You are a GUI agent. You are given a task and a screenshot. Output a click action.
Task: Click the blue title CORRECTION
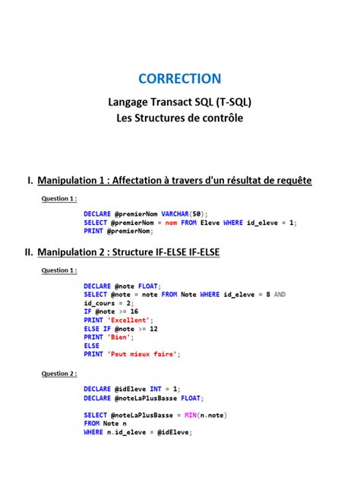[x=180, y=78]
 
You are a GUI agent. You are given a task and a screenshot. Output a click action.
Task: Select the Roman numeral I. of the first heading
[x=30, y=180]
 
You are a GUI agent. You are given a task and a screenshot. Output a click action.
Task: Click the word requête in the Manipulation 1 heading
[x=289, y=180]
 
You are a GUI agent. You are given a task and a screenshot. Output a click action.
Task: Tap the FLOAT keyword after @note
[x=147, y=286]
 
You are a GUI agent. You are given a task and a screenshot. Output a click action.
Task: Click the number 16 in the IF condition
[x=134, y=311]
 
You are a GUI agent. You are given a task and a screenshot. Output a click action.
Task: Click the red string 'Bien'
[x=118, y=336]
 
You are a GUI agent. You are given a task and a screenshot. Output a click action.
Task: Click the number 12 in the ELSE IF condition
[x=153, y=328]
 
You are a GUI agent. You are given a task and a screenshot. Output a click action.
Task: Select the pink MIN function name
[x=191, y=415]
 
